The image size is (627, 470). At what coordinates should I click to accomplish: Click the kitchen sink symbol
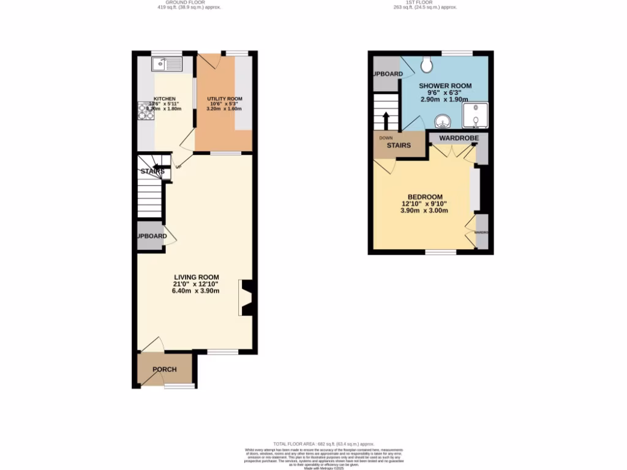pyautogui.click(x=167, y=62)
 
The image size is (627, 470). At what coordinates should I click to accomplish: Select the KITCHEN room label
pyautogui.click(x=165, y=99)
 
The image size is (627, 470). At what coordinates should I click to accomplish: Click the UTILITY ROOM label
pyautogui.click(x=225, y=99)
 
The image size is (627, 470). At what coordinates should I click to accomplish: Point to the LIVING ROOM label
pyautogui.click(x=196, y=277)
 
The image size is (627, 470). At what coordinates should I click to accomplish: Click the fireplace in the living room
pyautogui.click(x=246, y=298)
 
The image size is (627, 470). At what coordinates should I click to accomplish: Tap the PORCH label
pyautogui.click(x=165, y=369)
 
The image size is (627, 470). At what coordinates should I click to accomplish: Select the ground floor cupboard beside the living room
pyautogui.click(x=151, y=236)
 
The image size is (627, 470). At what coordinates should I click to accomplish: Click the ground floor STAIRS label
pyautogui.click(x=152, y=171)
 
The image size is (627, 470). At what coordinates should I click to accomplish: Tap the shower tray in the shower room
pyautogui.click(x=475, y=114)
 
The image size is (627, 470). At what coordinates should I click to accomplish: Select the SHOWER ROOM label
pyautogui.click(x=445, y=86)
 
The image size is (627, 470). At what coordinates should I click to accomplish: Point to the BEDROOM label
pyautogui.click(x=425, y=197)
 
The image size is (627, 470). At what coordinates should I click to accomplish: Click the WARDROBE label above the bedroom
pyautogui.click(x=458, y=138)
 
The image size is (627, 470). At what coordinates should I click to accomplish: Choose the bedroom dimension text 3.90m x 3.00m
pyautogui.click(x=425, y=211)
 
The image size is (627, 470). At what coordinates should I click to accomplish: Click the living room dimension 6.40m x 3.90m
pyautogui.click(x=196, y=291)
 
